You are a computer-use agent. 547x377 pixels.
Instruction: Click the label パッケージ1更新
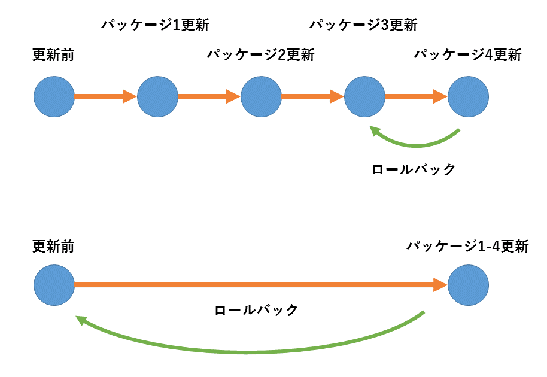pos(155,25)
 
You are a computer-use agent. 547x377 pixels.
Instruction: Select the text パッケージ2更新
pos(260,55)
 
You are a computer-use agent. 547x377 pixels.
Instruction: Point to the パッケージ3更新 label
pos(363,25)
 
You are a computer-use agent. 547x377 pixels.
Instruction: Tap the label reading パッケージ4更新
pos(467,55)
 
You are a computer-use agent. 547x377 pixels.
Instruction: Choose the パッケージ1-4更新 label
pos(467,246)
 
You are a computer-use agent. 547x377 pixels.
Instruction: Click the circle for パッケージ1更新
pos(157,96)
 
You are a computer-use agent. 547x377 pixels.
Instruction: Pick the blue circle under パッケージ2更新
pos(261,96)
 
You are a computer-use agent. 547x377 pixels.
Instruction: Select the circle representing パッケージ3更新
pos(364,96)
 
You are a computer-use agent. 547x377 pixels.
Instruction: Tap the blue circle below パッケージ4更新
pos(468,96)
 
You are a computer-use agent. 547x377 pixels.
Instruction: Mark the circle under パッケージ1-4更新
pos(468,286)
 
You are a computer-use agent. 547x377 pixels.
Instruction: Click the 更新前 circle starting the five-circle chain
pos(54,96)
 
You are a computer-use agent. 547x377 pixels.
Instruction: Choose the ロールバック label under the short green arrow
pos(414,169)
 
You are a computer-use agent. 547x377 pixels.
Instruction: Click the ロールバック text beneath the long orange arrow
pos(256,310)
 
